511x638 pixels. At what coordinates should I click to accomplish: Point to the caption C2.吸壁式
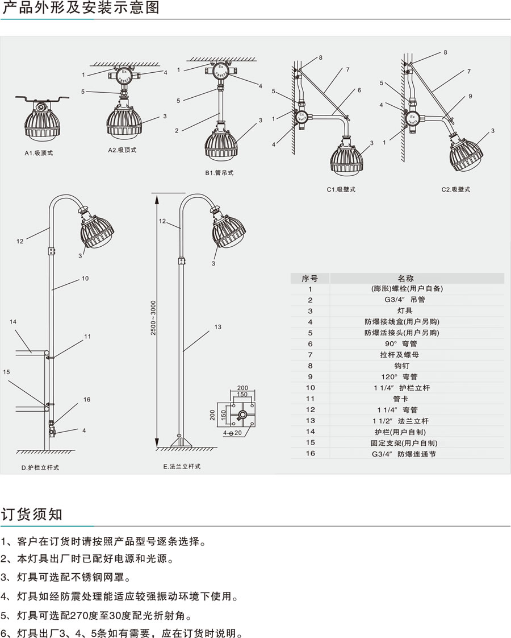pos(455,189)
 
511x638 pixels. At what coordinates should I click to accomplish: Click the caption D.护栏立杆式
pos(40,467)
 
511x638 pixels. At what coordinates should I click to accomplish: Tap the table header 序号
pos(310,278)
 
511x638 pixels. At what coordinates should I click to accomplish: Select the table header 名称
pos(406,278)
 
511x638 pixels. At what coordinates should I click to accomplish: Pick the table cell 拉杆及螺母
pos(406,355)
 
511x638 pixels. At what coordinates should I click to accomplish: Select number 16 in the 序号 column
pos(310,454)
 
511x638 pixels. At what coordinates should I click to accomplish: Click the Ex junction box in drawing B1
pos(219,72)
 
